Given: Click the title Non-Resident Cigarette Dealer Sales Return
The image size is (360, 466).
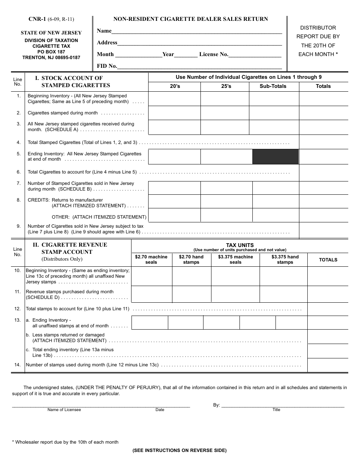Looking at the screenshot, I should click(191, 19).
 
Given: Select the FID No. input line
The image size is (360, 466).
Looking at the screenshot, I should click(200, 66).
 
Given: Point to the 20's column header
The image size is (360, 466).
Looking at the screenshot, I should click(175, 86).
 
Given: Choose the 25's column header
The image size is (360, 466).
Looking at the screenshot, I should click(226, 86).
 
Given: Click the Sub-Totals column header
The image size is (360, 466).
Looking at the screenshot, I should click(273, 86).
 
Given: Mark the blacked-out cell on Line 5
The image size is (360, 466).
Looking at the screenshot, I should click(275, 156).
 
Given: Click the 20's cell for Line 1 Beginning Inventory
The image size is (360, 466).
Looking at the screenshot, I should click(174, 99).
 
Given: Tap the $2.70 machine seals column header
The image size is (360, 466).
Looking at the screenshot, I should click(151, 260).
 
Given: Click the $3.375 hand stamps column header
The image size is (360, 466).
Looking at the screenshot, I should click(285, 260).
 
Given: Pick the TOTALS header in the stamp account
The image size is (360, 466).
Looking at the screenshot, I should click(328, 260).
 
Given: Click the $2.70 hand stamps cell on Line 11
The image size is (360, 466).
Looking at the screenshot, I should click(191, 294).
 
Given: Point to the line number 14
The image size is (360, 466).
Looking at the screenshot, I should click(17, 365).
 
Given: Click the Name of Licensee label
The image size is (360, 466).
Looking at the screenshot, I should click(64, 410).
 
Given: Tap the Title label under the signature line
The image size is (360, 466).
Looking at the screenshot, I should click(276, 410).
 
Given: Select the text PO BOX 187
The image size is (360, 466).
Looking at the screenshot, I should click(51, 52).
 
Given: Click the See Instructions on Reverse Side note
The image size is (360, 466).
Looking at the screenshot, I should click(179, 450).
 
